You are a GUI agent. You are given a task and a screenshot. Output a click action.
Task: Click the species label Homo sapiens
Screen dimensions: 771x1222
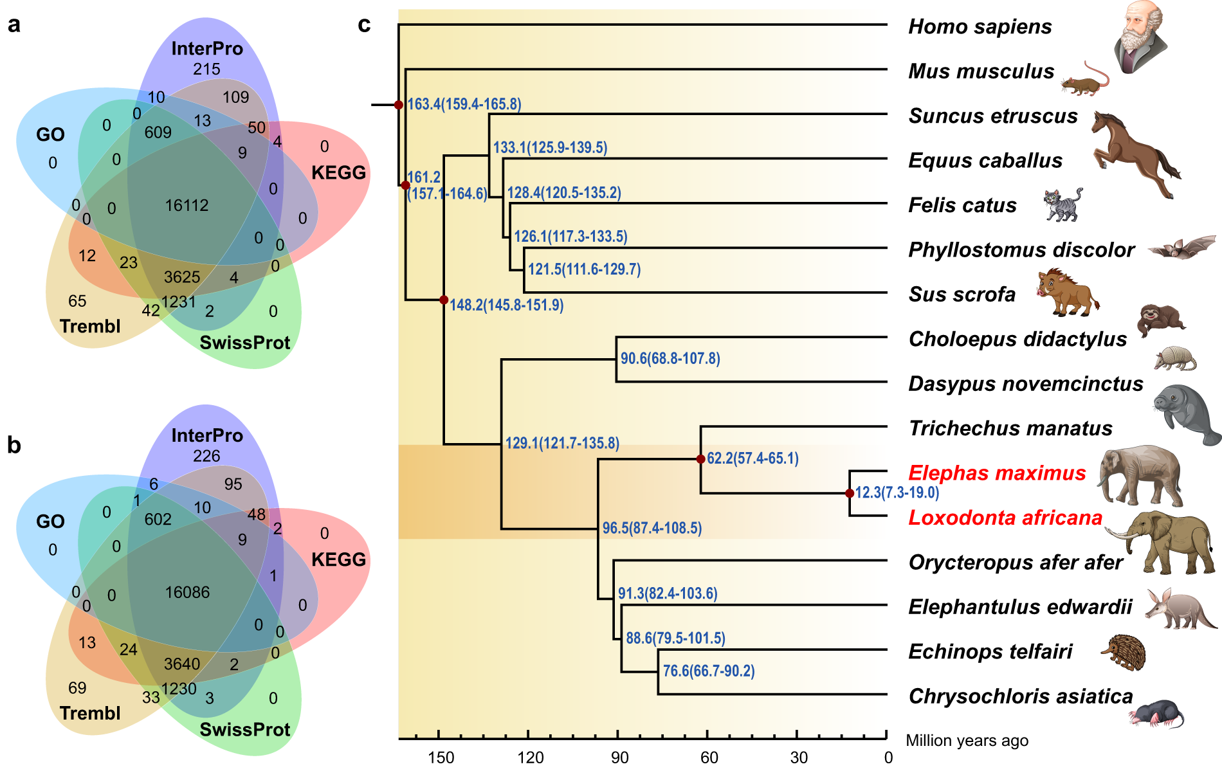coord(980,27)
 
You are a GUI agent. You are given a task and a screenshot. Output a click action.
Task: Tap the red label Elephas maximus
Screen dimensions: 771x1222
coord(996,473)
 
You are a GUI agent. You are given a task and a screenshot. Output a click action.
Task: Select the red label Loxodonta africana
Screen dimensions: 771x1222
coord(1005,518)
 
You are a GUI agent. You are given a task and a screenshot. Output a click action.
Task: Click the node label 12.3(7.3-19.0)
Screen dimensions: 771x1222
coord(897,493)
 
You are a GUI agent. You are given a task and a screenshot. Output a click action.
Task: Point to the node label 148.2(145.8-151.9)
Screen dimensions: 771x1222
coord(506,305)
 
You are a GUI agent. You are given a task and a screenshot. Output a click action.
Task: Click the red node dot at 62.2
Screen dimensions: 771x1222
coord(700,459)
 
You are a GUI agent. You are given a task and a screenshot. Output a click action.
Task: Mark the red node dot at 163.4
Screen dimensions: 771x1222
coord(399,105)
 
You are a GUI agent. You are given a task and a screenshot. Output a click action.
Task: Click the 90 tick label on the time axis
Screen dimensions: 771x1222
coord(619,757)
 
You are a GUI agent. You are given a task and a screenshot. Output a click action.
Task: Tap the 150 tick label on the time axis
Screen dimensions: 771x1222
coord(441,757)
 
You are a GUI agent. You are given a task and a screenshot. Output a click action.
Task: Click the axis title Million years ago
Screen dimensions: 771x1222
coord(967,741)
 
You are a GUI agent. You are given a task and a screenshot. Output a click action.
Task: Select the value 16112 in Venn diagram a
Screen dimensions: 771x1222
coord(187,206)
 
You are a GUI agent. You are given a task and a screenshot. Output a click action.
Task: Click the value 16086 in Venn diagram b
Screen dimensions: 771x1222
coord(187,592)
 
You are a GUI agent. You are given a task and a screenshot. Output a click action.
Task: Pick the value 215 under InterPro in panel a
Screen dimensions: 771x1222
coord(206,69)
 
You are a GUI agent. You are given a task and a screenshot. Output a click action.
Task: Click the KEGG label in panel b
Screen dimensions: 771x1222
coord(338,559)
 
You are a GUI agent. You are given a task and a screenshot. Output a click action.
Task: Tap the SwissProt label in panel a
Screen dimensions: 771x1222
coord(244,343)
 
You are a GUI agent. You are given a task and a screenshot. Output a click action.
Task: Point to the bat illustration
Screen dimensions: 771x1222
coord(1182,248)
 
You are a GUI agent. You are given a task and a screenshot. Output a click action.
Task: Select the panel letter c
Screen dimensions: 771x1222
coord(364,24)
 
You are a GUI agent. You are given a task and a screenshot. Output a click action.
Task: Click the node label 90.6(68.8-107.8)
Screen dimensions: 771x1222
coord(670,358)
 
